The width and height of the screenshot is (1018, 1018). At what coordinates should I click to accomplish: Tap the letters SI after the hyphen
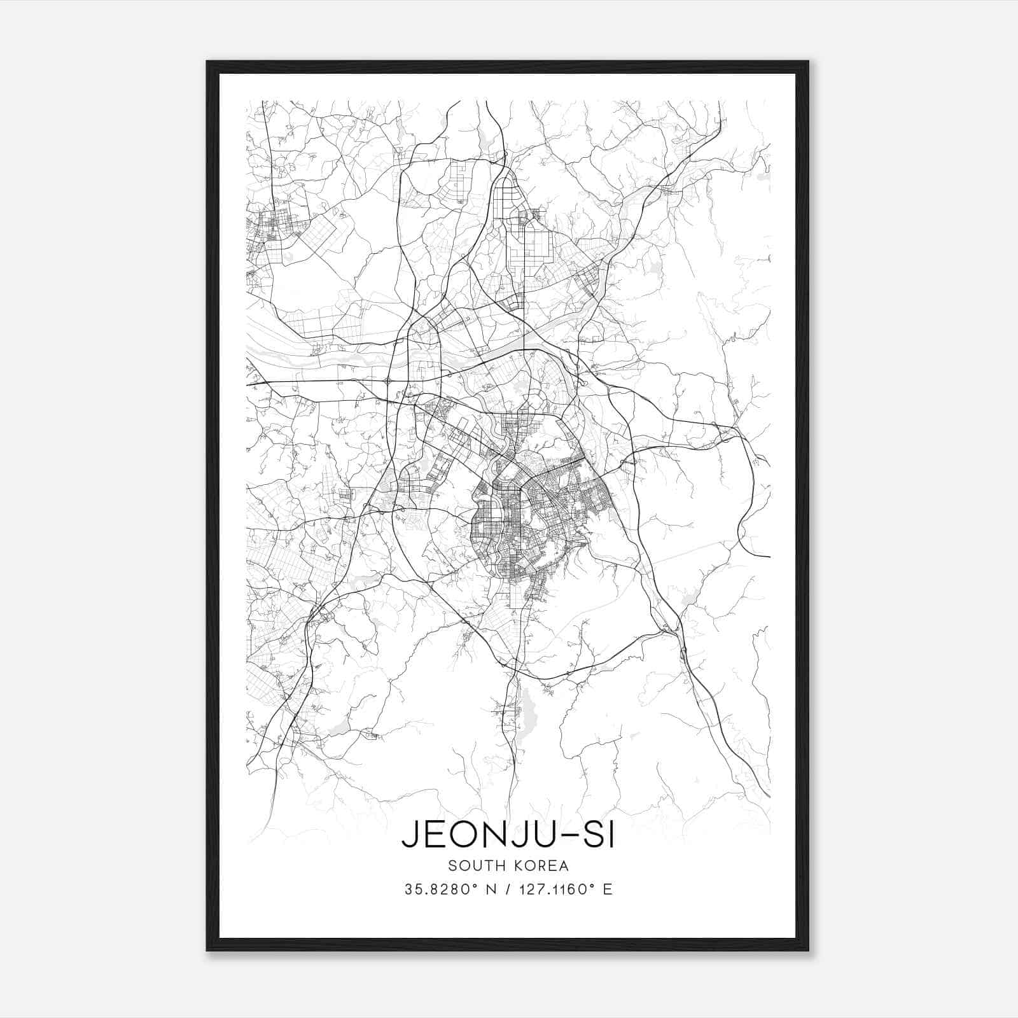point(598,836)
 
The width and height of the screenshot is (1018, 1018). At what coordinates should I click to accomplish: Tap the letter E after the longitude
point(608,889)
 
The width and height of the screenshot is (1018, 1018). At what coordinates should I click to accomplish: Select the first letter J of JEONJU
point(409,836)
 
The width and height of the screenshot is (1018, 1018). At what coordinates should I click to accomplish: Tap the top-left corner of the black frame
point(207,62)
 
